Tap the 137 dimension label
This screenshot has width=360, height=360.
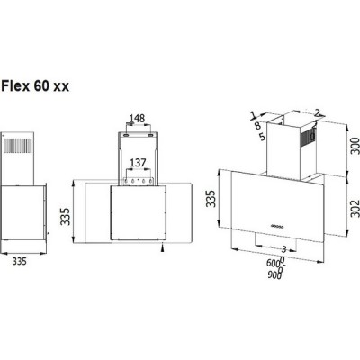pos(137,163)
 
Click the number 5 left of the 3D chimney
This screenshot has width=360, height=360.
pos(260,138)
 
